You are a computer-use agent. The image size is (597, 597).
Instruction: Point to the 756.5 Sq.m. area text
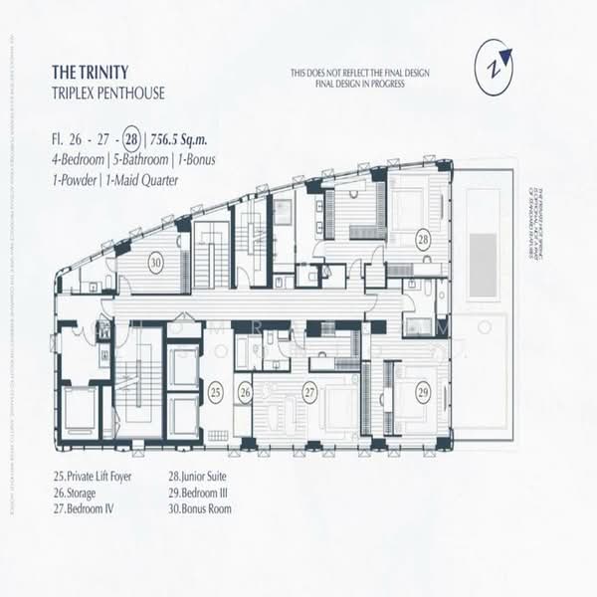click(180, 138)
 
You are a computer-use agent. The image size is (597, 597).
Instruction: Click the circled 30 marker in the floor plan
click(156, 264)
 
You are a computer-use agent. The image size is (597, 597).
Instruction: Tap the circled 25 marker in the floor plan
click(216, 392)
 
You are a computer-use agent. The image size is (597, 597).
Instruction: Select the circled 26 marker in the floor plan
click(245, 392)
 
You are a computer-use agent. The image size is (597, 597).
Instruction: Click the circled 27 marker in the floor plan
click(309, 392)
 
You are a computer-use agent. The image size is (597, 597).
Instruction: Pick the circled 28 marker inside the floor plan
click(423, 240)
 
